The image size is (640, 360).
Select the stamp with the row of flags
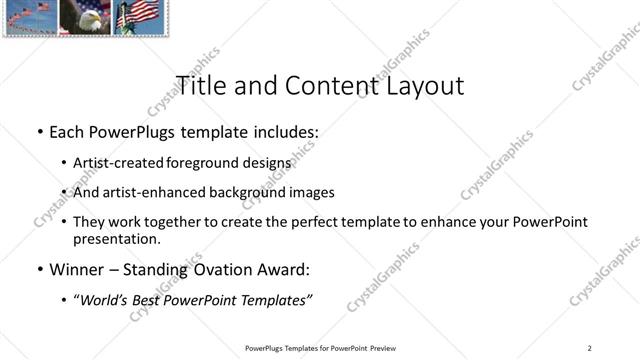pyautogui.click(x=30, y=17)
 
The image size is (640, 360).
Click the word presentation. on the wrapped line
pyautogui.click(x=116, y=239)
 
